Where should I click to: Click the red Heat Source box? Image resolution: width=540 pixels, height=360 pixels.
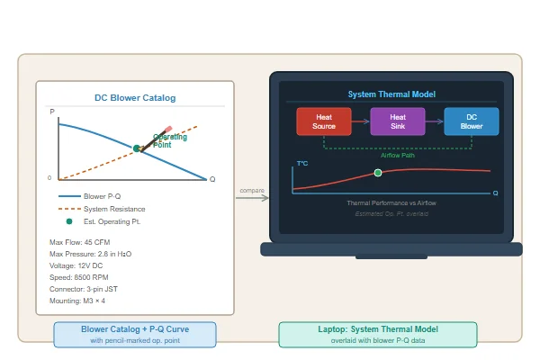(x=324, y=121)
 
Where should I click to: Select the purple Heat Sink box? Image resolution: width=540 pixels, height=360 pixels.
(x=398, y=121)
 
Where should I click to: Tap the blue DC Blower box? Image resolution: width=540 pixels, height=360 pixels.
(x=472, y=121)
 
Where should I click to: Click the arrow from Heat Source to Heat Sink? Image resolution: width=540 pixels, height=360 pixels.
(x=361, y=121)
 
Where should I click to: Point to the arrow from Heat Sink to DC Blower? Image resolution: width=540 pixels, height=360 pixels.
(x=435, y=121)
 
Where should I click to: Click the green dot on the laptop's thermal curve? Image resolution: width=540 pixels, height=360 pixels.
(x=378, y=173)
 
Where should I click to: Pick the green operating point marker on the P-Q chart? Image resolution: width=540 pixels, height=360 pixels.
(x=137, y=148)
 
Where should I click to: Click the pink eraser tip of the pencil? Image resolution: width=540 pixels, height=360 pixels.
(x=168, y=130)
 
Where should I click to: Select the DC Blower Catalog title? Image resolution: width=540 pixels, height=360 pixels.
(x=135, y=98)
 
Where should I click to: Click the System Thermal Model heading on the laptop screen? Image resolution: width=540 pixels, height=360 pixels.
(x=391, y=94)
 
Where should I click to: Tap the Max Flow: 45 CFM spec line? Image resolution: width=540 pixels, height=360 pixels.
(x=79, y=242)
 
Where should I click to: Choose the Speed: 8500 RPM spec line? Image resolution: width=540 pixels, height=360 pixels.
(x=79, y=277)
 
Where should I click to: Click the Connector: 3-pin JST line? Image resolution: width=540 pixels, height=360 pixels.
(x=84, y=289)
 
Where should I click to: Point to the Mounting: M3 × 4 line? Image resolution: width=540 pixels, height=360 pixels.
(x=77, y=301)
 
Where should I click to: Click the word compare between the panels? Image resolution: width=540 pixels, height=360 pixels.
(x=252, y=191)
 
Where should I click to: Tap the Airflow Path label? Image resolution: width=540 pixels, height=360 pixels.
(x=398, y=156)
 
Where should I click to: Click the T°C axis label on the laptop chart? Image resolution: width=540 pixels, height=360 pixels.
(x=302, y=163)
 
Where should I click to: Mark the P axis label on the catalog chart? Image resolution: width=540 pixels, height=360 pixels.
(x=52, y=112)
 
